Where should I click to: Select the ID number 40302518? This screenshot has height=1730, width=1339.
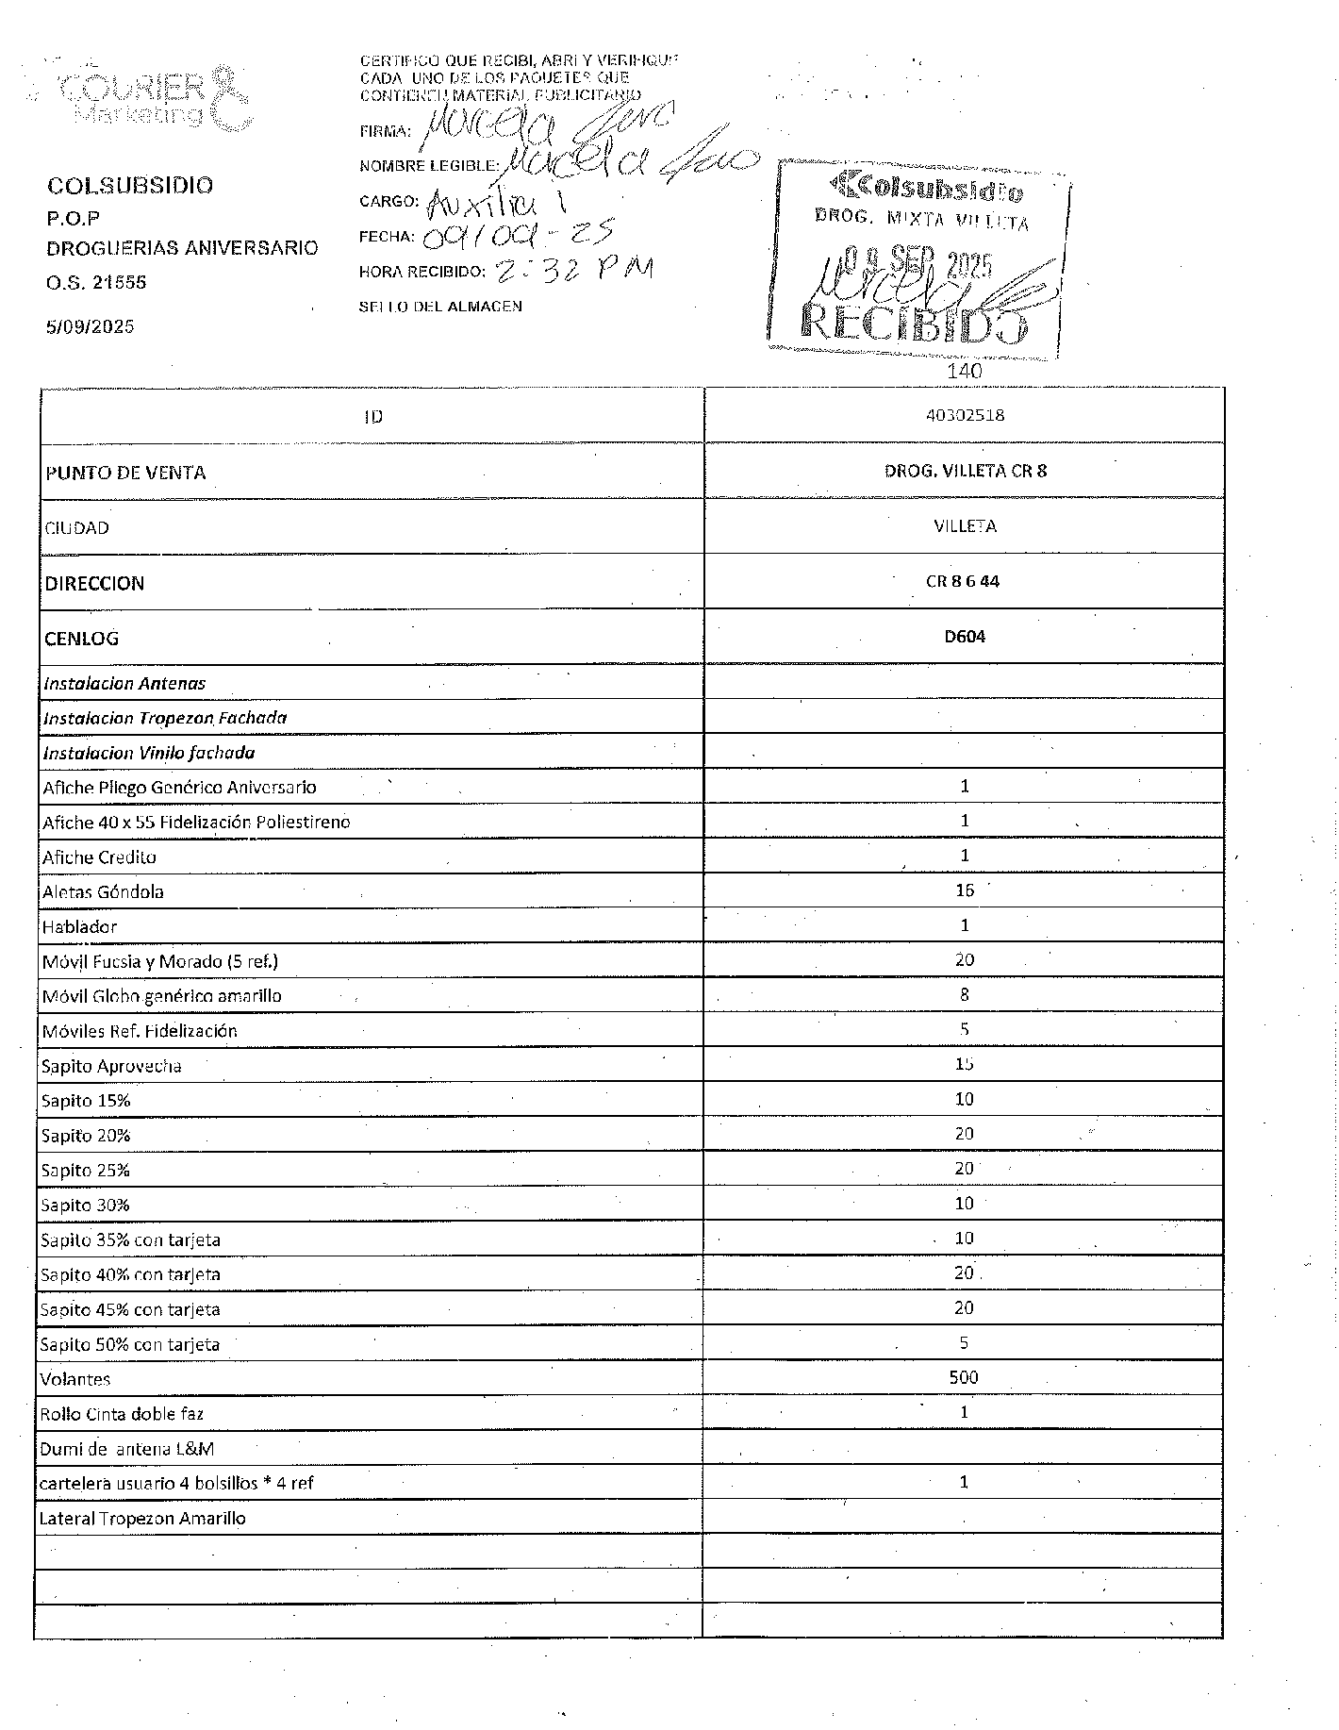click(x=964, y=415)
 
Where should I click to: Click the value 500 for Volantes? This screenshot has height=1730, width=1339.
click(x=964, y=1377)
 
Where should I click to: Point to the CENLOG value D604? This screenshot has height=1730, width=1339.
click(x=965, y=637)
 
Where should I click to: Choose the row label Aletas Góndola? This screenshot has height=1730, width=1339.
click(x=103, y=891)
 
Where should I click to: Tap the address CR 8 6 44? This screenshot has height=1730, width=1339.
click(x=963, y=581)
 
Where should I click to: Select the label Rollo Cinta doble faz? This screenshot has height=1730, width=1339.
click(x=122, y=1413)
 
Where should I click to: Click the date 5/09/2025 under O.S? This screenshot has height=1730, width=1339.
click(x=91, y=326)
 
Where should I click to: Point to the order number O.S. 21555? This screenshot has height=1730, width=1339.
click(x=96, y=282)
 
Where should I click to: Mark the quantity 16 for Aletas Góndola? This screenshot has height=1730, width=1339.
click(x=964, y=890)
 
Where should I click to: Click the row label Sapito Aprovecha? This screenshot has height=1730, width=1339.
click(x=111, y=1066)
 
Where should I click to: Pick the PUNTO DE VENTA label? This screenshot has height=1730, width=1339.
click(x=125, y=473)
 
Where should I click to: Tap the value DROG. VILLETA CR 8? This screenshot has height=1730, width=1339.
click(x=965, y=471)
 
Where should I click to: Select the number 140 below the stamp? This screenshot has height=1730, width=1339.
click(x=965, y=371)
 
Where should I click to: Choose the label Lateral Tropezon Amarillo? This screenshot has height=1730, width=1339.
click(x=142, y=1518)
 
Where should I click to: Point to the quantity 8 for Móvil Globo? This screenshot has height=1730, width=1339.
click(x=964, y=994)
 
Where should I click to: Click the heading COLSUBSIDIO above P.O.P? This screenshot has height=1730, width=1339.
click(x=130, y=185)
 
